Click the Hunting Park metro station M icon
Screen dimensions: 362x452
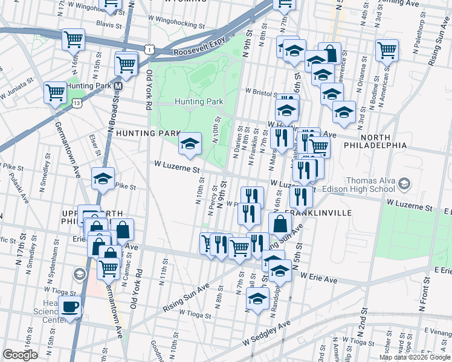click(x=119, y=86)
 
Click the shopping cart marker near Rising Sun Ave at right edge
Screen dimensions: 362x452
click(x=387, y=51)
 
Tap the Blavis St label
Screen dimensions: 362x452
click(x=109, y=24)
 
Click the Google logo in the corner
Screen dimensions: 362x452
click(x=20, y=355)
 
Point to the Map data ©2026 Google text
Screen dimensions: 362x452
click(x=414, y=357)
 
